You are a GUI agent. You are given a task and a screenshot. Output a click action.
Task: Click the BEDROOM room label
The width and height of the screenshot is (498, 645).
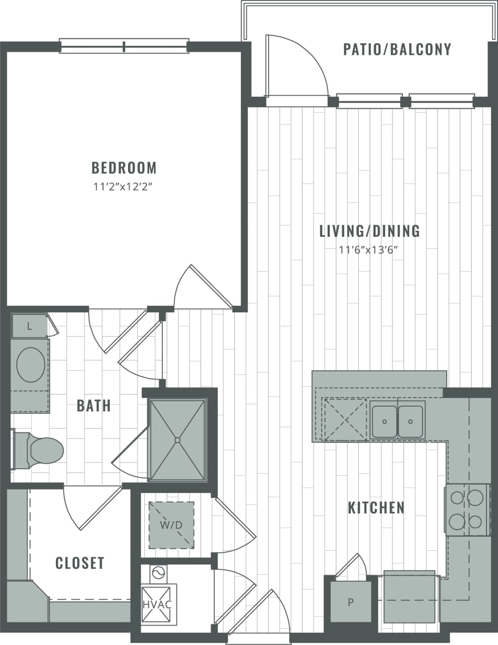point(124,167)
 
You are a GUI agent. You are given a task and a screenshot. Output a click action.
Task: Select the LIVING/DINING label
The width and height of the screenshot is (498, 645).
point(369,231)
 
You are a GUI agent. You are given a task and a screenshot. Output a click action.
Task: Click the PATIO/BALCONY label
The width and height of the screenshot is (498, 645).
point(397,49)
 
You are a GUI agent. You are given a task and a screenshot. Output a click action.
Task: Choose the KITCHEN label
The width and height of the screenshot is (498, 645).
point(376,507)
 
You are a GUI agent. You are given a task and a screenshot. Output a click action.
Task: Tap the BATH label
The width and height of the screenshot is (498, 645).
point(94,406)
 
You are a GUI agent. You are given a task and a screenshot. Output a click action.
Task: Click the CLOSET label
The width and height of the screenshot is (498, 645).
point(80,563)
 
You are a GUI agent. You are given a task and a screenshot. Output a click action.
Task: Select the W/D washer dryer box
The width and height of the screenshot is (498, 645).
point(171,525)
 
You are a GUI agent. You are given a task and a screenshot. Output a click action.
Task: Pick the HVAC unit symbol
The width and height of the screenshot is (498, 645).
point(157,604)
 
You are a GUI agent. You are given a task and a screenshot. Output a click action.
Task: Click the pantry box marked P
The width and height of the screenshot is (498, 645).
point(351,602)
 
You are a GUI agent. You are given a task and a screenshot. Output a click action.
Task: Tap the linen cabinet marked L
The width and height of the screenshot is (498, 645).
point(29,327)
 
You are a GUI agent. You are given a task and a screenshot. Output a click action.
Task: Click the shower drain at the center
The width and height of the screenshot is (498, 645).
point(177,440)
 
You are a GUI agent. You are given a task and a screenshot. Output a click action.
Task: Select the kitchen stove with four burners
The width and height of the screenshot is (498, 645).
point(467,509)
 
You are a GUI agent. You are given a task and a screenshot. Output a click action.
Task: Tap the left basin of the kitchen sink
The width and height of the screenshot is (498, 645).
point(385,420)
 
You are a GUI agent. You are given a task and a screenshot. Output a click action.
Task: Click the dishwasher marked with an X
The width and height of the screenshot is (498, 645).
point(346,419)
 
